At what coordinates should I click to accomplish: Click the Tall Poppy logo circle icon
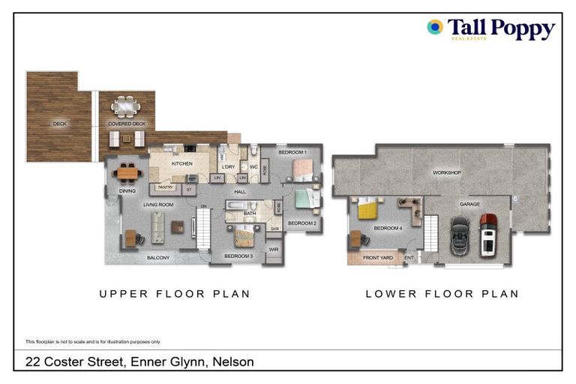pos(434,28)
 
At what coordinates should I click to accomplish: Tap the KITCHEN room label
pos(182,163)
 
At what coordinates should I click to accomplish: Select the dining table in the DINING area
pos(127,172)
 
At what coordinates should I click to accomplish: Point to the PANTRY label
pos(165,187)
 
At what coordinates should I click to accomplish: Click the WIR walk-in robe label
pos(273,249)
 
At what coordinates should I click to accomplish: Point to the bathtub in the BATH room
pos(241,205)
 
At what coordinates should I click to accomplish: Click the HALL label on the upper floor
pos(240,191)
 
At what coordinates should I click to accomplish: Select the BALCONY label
pos(158,258)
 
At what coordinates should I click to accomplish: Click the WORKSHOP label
pos(447,172)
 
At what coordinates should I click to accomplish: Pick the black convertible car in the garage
pos(459,236)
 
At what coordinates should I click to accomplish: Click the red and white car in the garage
pos(488,233)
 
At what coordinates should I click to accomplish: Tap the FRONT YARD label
pos(378,258)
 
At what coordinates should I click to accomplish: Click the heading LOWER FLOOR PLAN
pos(442,294)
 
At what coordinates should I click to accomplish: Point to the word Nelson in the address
pos(233,361)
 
